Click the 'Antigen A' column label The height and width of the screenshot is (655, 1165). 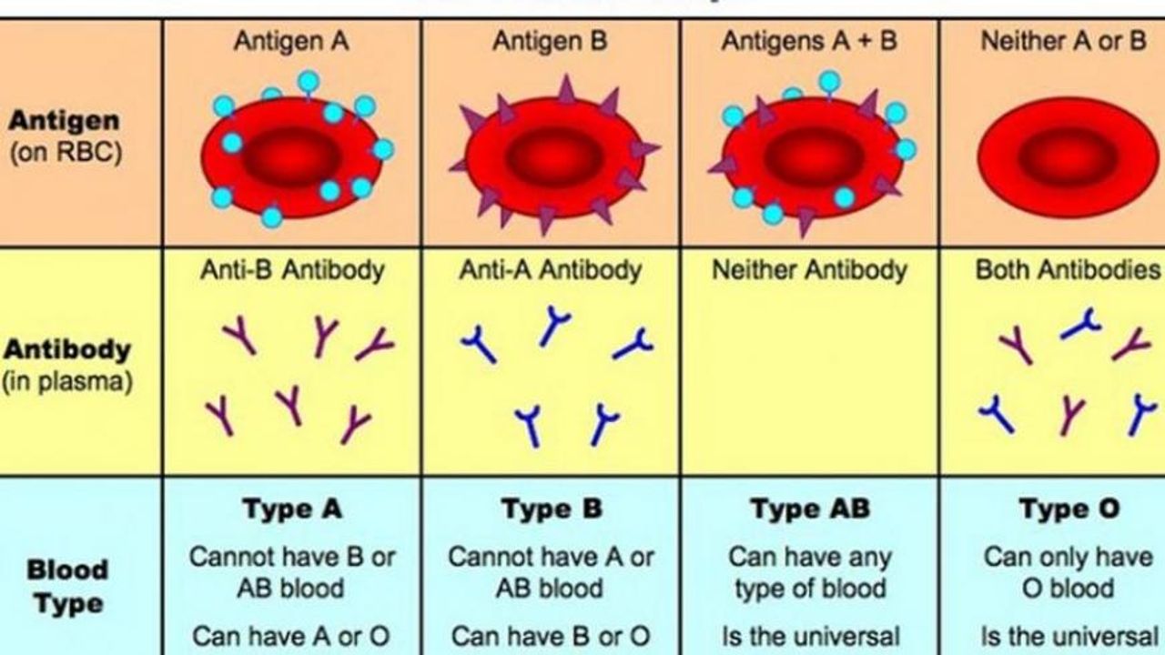[x=290, y=42]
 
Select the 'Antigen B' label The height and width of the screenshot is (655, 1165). [x=550, y=42]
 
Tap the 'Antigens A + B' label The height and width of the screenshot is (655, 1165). [x=809, y=42]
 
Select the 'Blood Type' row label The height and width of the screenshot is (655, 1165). [x=67, y=586]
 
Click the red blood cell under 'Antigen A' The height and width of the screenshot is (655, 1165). [x=291, y=155]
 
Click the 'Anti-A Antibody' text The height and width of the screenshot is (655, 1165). [x=550, y=270]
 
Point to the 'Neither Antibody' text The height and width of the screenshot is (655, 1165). [x=809, y=270]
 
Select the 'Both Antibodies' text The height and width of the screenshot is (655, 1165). [x=1068, y=270]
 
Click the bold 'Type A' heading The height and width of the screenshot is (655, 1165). [x=292, y=509]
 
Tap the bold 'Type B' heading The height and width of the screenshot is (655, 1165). [x=552, y=509]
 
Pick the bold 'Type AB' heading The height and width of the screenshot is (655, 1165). [x=809, y=509]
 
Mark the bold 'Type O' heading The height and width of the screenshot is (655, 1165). [x=1069, y=509]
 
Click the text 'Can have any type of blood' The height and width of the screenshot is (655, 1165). [x=809, y=572]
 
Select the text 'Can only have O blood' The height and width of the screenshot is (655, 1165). [x=1068, y=572]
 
